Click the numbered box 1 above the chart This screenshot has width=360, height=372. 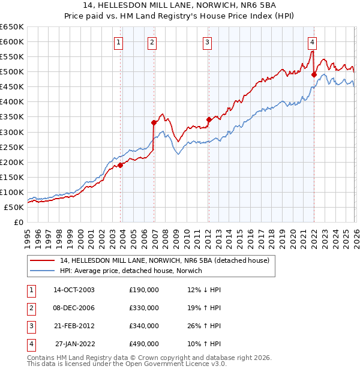click(x=119, y=42)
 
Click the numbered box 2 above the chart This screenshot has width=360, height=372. click(x=152, y=42)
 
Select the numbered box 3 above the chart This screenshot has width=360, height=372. click(x=207, y=42)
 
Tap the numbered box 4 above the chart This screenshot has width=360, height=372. click(x=313, y=42)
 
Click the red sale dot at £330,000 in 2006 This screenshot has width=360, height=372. click(x=154, y=122)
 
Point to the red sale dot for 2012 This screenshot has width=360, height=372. click(x=209, y=119)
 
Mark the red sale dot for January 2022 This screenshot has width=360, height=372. click(x=314, y=74)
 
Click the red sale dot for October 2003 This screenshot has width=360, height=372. click(x=121, y=164)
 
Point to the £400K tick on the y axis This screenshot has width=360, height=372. click(x=12, y=102)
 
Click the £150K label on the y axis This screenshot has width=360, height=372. click(x=12, y=177)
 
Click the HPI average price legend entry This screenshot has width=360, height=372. click(x=131, y=271)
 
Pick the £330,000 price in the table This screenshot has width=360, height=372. click(x=143, y=308)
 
